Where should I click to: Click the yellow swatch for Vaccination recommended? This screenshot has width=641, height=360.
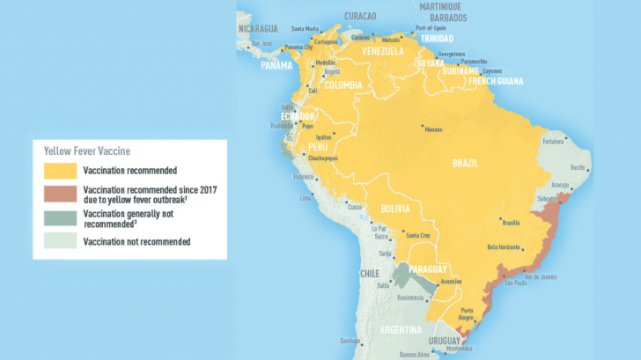[x=60, y=170]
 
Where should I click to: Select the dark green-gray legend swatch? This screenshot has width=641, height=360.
[x=60, y=219]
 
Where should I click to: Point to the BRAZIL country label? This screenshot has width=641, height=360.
[x=465, y=164]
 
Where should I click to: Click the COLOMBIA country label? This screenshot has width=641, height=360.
[x=343, y=85]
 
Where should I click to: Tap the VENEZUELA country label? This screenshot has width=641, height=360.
[x=383, y=52]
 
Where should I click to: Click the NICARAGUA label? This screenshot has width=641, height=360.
[x=260, y=28]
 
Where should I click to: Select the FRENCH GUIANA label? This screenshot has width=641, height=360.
[x=494, y=81]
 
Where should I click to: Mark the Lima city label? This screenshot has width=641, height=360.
[x=306, y=197]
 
